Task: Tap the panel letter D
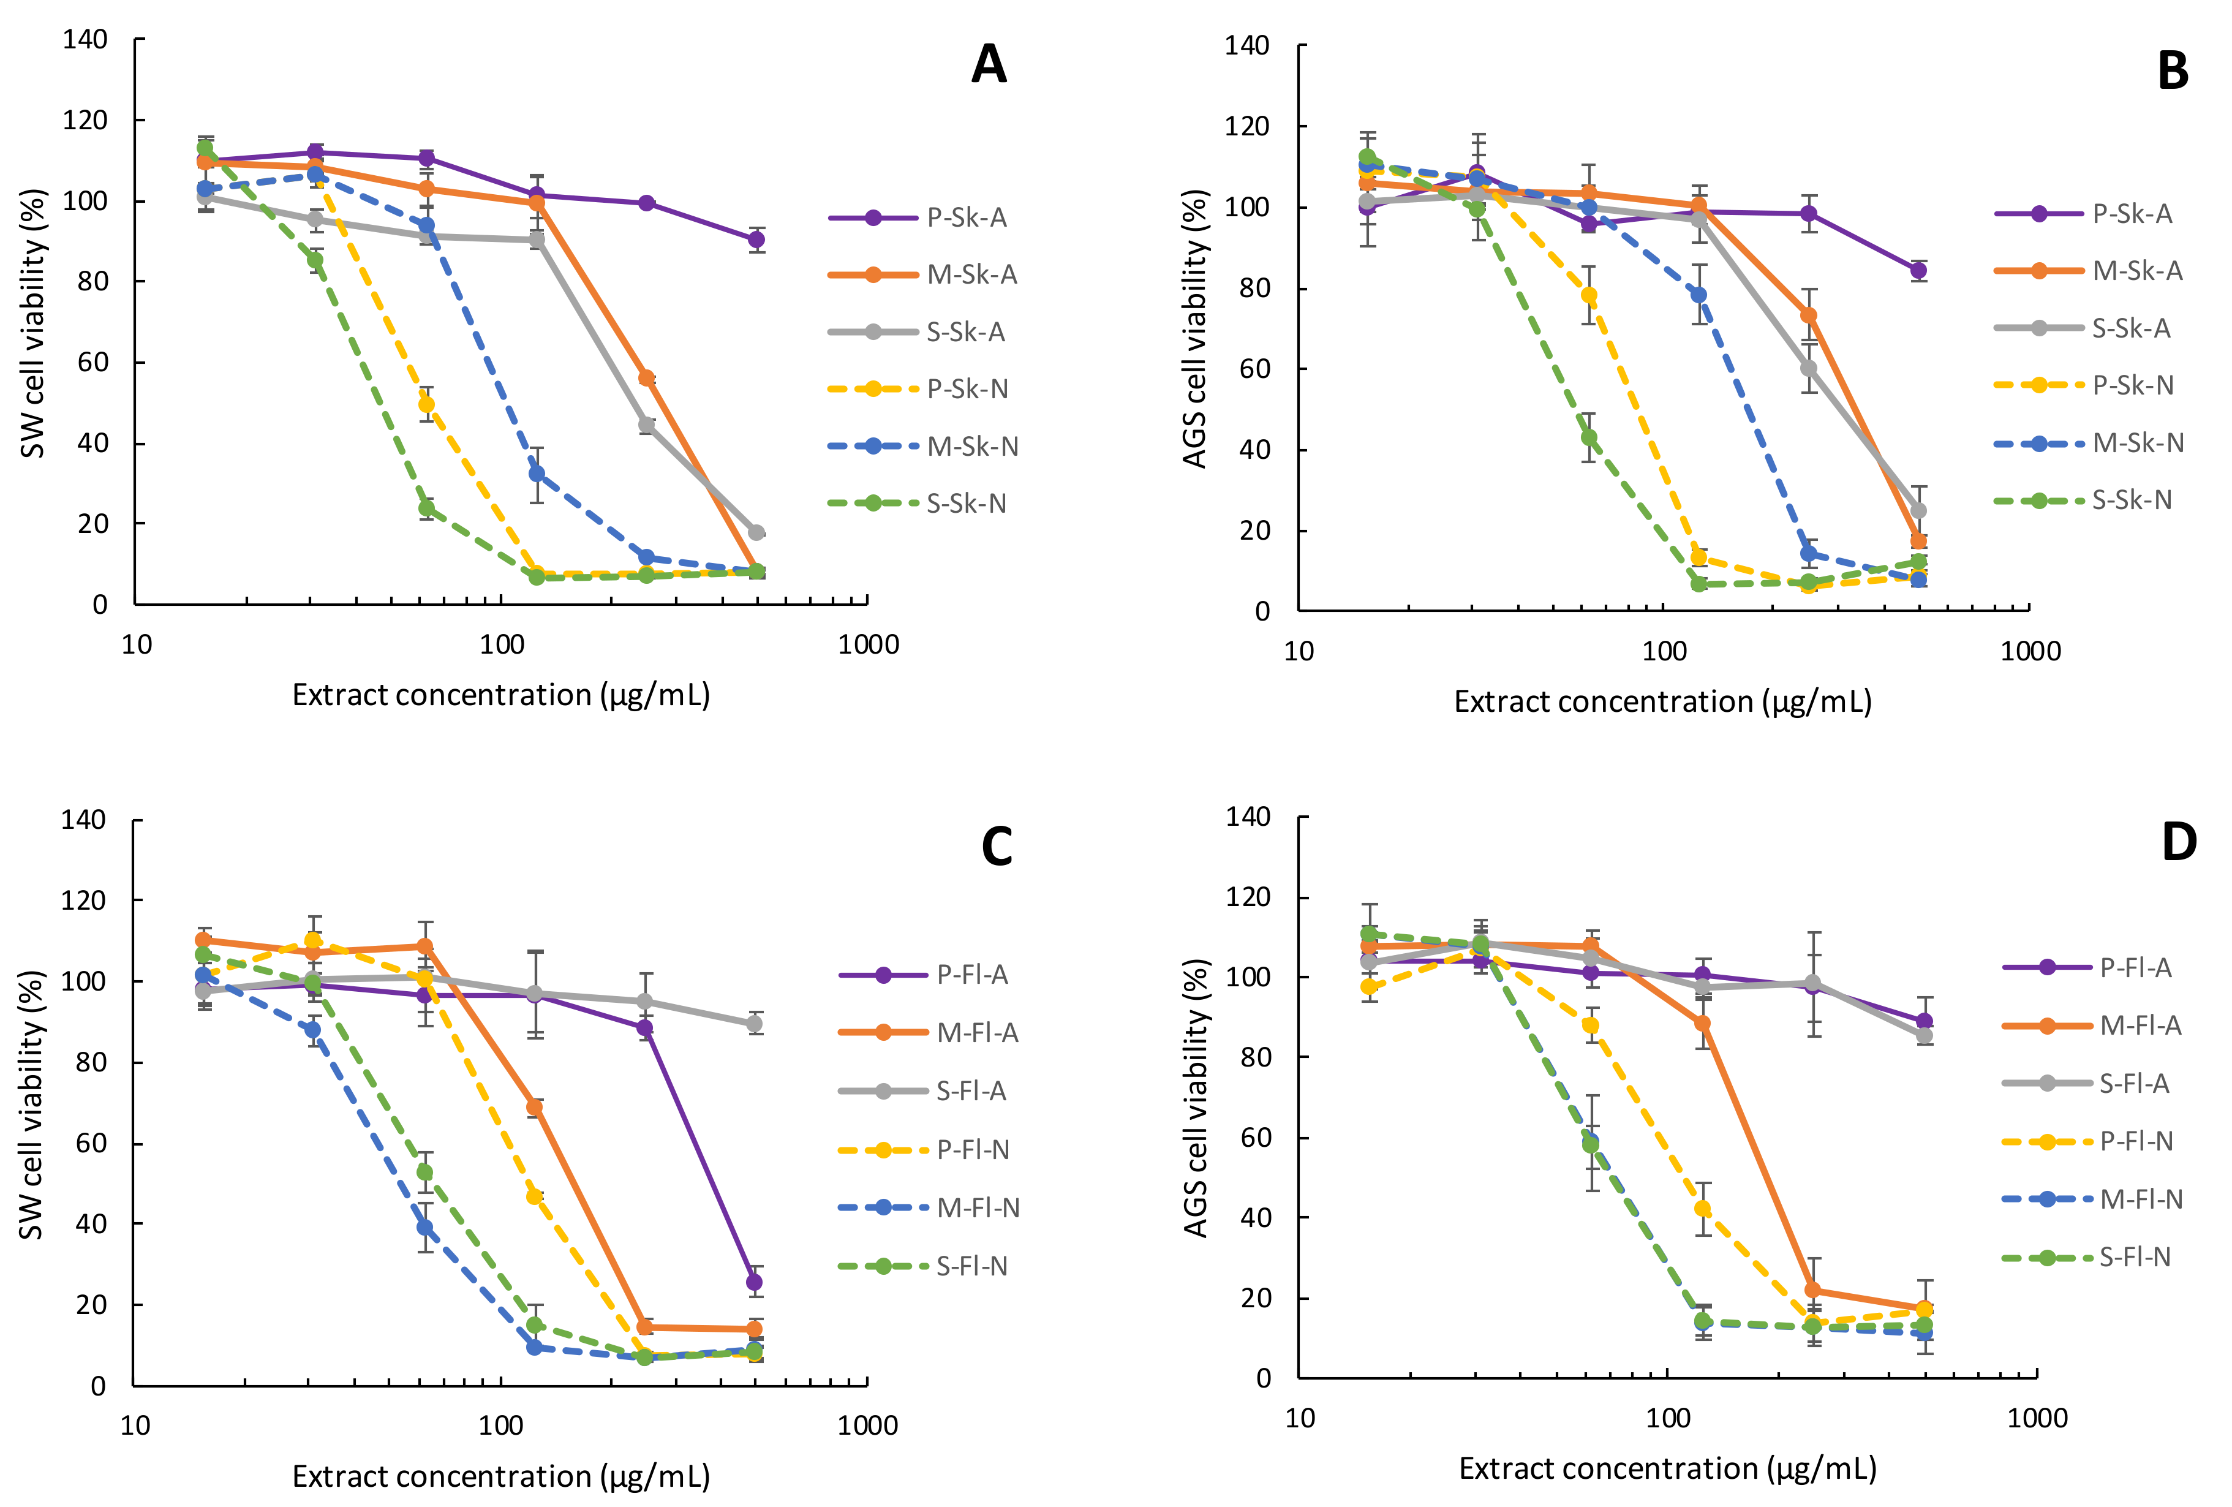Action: click(2178, 841)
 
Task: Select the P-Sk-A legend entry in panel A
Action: click(966, 218)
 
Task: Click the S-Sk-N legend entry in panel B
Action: click(2131, 500)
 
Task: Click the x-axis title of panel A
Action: click(500, 695)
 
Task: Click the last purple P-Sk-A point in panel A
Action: click(757, 239)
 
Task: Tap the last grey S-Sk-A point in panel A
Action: click(757, 532)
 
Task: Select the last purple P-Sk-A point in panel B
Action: click(1918, 271)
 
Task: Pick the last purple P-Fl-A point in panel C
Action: click(754, 1282)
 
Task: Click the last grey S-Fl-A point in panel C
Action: click(754, 1024)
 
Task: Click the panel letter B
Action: click(2173, 71)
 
